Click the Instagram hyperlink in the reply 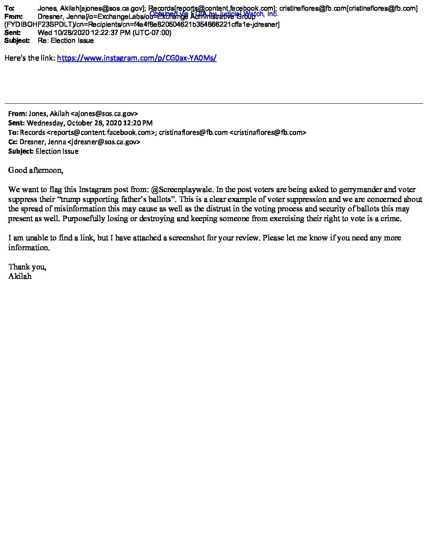(x=137, y=58)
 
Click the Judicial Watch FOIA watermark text (x=214, y=14)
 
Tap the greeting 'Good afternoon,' (x=35, y=170)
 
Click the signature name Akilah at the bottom (x=20, y=276)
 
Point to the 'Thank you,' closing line (x=27, y=267)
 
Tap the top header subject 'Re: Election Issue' (x=66, y=40)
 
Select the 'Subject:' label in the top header (x=17, y=40)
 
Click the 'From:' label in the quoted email (x=17, y=114)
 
